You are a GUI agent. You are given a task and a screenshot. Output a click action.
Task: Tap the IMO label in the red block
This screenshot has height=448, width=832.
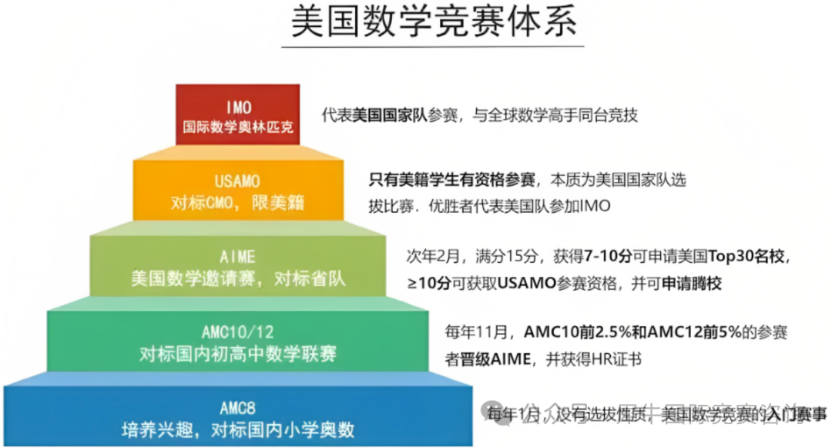[239, 107]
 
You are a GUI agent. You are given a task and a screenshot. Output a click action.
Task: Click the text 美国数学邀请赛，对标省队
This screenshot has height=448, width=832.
[238, 278]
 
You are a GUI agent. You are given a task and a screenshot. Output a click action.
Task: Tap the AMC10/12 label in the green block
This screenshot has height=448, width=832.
[238, 332]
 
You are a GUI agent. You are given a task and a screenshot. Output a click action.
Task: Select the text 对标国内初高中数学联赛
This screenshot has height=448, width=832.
[238, 354]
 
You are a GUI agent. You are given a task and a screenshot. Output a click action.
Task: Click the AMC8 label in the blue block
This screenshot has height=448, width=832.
[237, 407]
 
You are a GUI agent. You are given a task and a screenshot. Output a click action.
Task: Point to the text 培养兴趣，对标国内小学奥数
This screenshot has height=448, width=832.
[237, 428]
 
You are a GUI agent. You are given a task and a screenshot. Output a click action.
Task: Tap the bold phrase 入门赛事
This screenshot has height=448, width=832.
[800, 414]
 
